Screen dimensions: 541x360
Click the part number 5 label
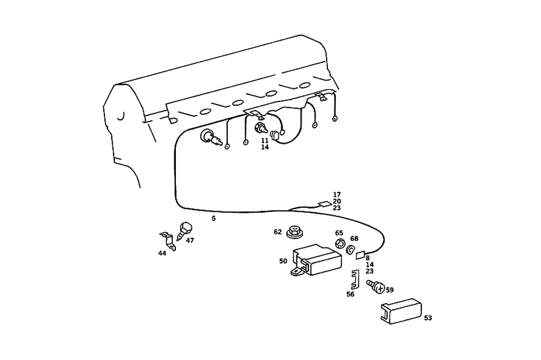214,219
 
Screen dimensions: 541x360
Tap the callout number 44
162,253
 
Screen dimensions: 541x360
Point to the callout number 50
283,261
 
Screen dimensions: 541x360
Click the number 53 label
428,318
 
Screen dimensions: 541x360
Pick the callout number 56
351,294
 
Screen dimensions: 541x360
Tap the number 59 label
390,290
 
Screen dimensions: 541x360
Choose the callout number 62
278,232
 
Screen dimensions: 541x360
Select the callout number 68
354,238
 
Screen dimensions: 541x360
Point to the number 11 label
265,140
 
